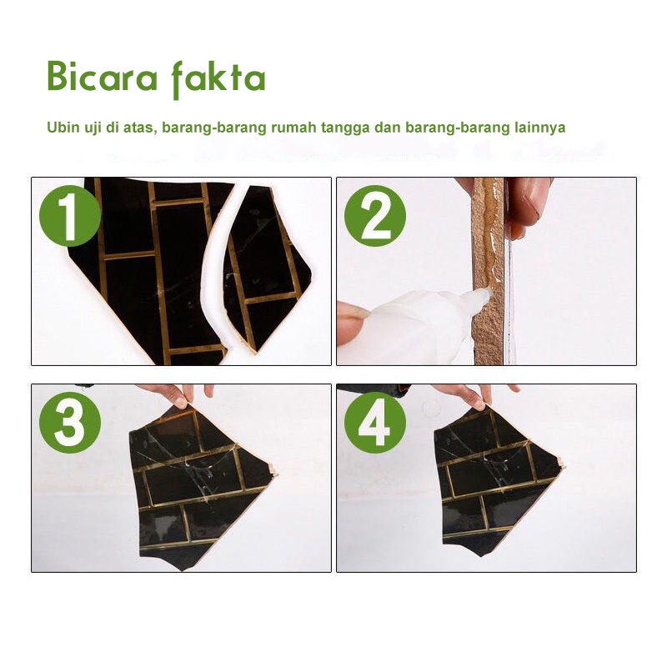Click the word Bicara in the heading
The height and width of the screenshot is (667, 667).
(x=102, y=77)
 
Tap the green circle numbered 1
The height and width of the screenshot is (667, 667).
(x=70, y=216)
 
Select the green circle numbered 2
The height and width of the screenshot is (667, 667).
(x=375, y=216)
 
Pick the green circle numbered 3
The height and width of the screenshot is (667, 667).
(x=70, y=423)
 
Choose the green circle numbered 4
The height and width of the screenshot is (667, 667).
(x=375, y=423)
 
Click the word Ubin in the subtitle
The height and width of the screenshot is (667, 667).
(x=61, y=128)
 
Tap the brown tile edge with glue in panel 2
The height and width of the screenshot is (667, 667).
(x=489, y=273)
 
